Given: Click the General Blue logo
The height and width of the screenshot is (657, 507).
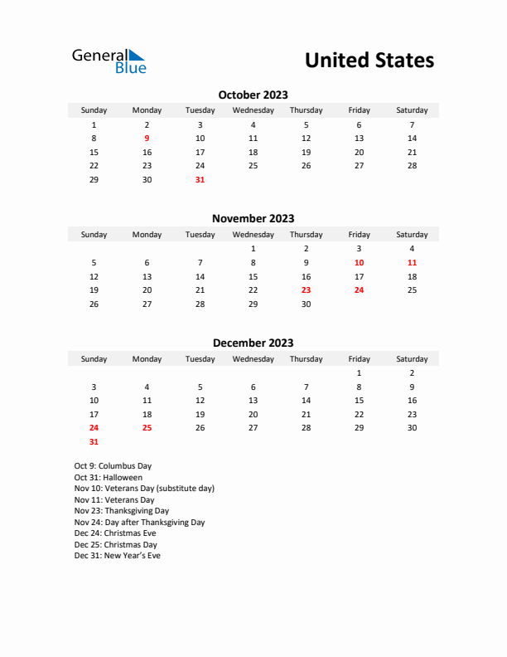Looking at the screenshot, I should tap(109, 61).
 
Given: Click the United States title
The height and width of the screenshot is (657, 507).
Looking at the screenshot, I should tap(369, 61).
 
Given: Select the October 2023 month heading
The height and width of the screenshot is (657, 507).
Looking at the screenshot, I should tap(253, 95).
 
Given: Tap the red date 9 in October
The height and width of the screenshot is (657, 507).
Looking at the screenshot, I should tap(147, 139).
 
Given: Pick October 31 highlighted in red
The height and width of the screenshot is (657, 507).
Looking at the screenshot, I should tap(200, 179).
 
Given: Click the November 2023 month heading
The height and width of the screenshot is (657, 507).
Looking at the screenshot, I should tap(253, 219).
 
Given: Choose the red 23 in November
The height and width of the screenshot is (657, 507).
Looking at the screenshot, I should tap(306, 290).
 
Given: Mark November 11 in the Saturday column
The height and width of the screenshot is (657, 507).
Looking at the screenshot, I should tap(412, 262).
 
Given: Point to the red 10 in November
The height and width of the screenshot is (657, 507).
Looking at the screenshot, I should tap(359, 262).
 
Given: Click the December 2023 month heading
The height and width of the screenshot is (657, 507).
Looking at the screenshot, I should tap(253, 343).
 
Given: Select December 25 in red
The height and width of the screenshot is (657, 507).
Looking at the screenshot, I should tap(147, 428).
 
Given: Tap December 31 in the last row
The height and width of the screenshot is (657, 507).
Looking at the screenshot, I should tap(94, 442).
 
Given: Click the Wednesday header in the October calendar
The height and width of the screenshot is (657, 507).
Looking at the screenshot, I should tap(253, 110).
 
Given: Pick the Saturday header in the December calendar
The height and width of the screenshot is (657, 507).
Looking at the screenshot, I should tap(412, 359).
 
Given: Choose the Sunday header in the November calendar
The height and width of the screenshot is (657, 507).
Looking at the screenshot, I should tap(94, 235).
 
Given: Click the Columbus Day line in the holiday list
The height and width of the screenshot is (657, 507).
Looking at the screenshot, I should tap(113, 466).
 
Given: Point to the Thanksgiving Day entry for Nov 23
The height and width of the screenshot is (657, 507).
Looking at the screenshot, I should tap(121, 511).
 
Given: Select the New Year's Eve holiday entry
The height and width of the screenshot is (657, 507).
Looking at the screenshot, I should tap(117, 556).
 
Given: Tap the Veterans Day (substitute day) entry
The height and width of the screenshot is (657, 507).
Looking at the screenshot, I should tap(144, 489).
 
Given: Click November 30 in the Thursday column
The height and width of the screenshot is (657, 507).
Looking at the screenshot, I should tap(306, 304).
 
